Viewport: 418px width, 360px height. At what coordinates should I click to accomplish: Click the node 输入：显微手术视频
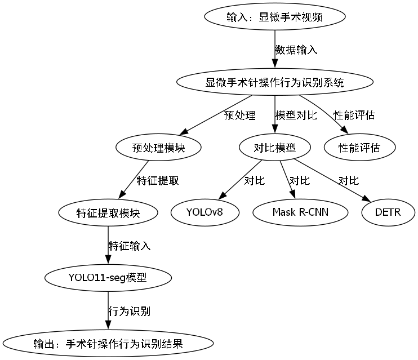pos(274,17)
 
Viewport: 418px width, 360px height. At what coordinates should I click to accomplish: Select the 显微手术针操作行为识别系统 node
pos(274,82)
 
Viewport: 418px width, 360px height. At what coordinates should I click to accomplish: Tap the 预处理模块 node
pos(158,148)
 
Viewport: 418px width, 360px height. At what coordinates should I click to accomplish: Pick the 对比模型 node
pos(275,148)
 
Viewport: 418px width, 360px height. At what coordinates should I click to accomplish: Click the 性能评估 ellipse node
pos(359,148)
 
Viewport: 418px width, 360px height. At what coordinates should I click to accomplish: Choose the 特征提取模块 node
pos(108,213)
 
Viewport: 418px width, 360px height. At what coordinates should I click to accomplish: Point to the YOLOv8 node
pos(204,213)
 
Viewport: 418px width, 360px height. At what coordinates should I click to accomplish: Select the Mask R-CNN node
pos(300,213)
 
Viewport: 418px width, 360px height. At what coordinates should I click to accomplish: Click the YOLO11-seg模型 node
pos(108,278)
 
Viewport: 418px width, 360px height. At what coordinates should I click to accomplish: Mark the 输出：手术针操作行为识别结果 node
pos(108,343)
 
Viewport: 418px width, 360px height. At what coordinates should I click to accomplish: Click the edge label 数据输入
pos(296,50)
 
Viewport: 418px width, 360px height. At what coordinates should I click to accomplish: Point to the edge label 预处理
pos(239,115)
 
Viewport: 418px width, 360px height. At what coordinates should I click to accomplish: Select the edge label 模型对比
pos(296,115)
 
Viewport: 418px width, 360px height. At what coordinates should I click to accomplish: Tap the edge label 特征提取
pos(158,181)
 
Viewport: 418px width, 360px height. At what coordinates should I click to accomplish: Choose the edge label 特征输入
pos(129,246)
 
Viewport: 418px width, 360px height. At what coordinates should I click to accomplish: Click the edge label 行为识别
pos(129,311)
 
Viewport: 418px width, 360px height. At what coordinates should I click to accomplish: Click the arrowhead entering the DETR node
pos(365,199)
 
